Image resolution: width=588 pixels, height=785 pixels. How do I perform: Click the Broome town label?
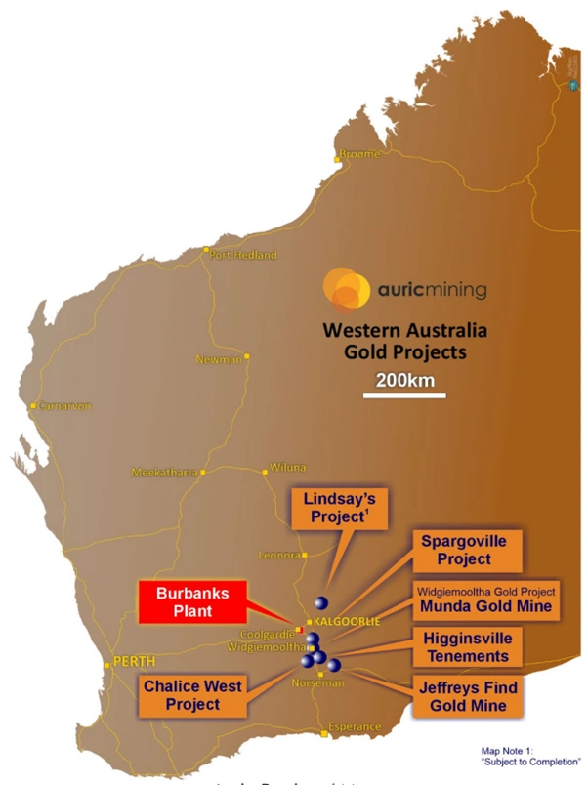click(x=358, y=154)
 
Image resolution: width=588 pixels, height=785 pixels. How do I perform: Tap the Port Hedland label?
click(x=243, y=256)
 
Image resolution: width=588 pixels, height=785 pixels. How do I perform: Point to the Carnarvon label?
click(x=64, y=405)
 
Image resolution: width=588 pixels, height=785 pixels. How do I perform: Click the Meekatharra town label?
click(x=163, y=473)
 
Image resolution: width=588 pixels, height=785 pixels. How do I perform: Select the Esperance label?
click(x=354, y=727)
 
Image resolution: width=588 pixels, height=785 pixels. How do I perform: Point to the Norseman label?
click(x=318, y=683)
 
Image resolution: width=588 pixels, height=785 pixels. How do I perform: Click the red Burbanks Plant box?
click(x=189, y=600)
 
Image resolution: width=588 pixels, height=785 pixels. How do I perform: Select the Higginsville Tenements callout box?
click(x=466, y=646)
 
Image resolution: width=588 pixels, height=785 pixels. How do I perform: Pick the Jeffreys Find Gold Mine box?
click(x=464, y=695)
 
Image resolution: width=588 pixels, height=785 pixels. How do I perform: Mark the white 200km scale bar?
click(x=405, y=394)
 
